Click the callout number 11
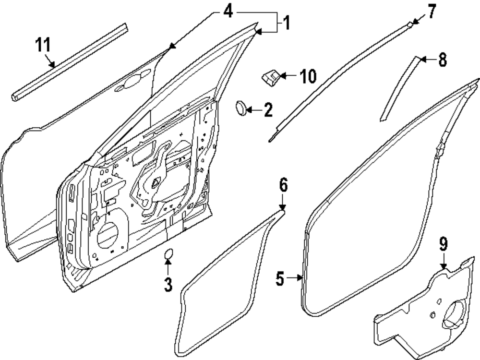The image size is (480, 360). (x=43, y=46)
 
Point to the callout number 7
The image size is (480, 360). (x=432, y=11)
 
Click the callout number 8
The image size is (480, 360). (x=442, y=60)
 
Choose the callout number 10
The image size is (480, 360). (x=308, y=76)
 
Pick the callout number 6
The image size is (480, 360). (x=283, y=185)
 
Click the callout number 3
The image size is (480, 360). (x=168, y=284)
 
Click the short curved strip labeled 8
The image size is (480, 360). (x=399, y=89)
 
